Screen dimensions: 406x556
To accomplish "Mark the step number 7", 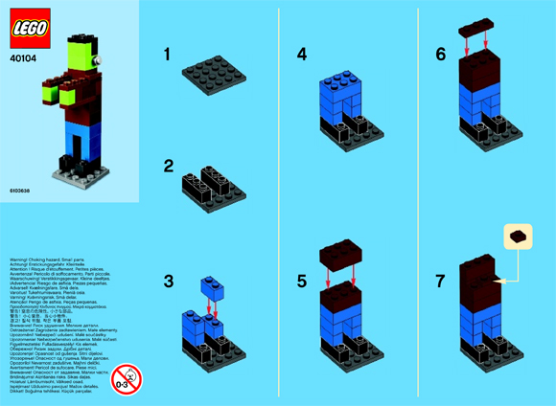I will [441, 281].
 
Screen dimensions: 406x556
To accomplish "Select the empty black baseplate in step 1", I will [216, 74].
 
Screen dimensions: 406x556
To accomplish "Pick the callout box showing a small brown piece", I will [519, 236].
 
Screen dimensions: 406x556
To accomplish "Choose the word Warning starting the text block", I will [17, 259].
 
